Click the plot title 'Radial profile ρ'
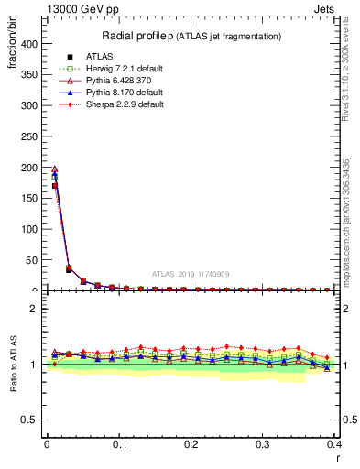pyautogui.click(x=135, y=36)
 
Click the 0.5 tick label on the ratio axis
pyautogui.click(x=29, y=420)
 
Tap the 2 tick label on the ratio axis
pyautogui.click(x=33, y=309)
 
